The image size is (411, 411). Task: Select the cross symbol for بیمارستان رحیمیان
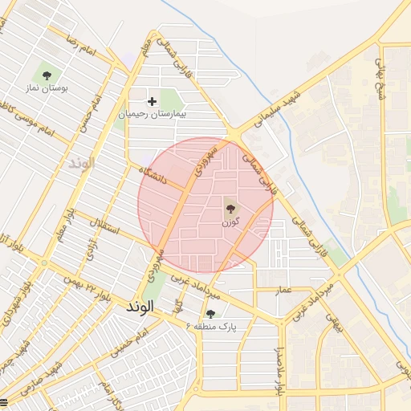(153, 101)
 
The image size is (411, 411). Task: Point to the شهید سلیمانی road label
(277, 108)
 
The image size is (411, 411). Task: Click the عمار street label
(283, 287)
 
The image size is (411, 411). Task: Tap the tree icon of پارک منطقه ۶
(211, 313)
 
